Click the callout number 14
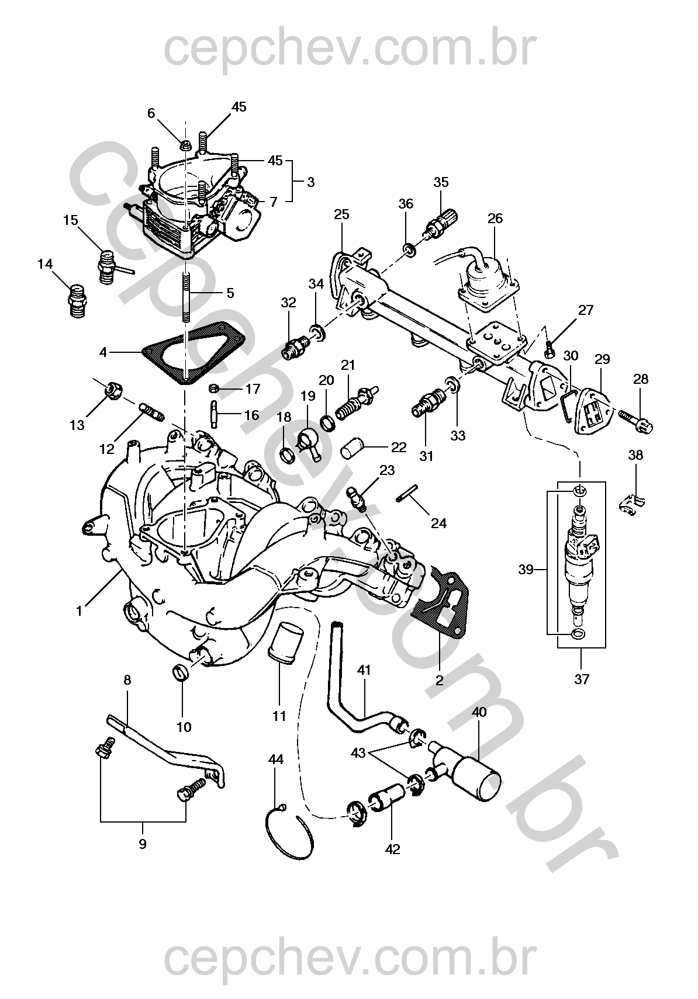(x=45, y=265)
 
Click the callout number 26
(x=495, y=218)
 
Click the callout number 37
(x=582, y=679)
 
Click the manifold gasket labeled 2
(x=439, y=608)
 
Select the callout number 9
(x=143, y=844)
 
